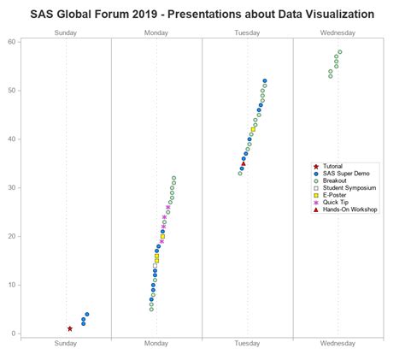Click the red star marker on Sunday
70,328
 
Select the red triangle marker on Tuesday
244,163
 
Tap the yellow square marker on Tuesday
253,129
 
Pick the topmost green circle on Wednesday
340,52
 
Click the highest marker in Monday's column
174,178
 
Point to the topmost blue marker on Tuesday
265,80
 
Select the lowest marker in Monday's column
151,309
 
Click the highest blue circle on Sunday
87,314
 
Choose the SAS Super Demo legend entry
346,173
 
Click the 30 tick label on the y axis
14,187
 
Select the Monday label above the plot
156,32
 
